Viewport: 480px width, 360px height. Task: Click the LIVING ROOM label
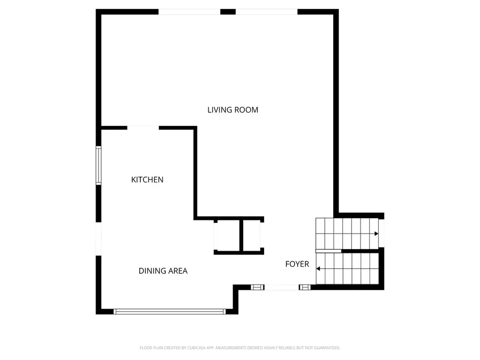click(233, 110)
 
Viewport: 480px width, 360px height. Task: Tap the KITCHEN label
click(147, 180)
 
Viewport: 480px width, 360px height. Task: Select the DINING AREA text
click(163, 271)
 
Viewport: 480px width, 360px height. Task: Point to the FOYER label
click(297, 264)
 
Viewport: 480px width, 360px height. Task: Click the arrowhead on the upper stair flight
click(376, 234)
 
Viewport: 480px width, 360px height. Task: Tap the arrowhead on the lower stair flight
click(318, 269)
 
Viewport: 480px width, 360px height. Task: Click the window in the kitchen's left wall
click(98, 165)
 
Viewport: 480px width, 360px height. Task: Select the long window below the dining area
click(171, 311)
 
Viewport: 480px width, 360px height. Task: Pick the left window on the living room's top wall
click(189, 12)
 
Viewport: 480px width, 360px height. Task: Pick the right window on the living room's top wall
click(267, 12)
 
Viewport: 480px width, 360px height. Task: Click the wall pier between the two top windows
click(228, 12)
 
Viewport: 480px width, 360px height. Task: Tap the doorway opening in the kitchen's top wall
click(143, 127)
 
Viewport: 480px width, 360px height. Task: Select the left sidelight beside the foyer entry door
click(257, 287)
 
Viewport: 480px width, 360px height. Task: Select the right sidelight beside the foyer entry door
click(305, 287)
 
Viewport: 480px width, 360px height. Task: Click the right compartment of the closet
click(252, 235)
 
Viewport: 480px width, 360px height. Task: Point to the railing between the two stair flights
click(329, 251)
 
